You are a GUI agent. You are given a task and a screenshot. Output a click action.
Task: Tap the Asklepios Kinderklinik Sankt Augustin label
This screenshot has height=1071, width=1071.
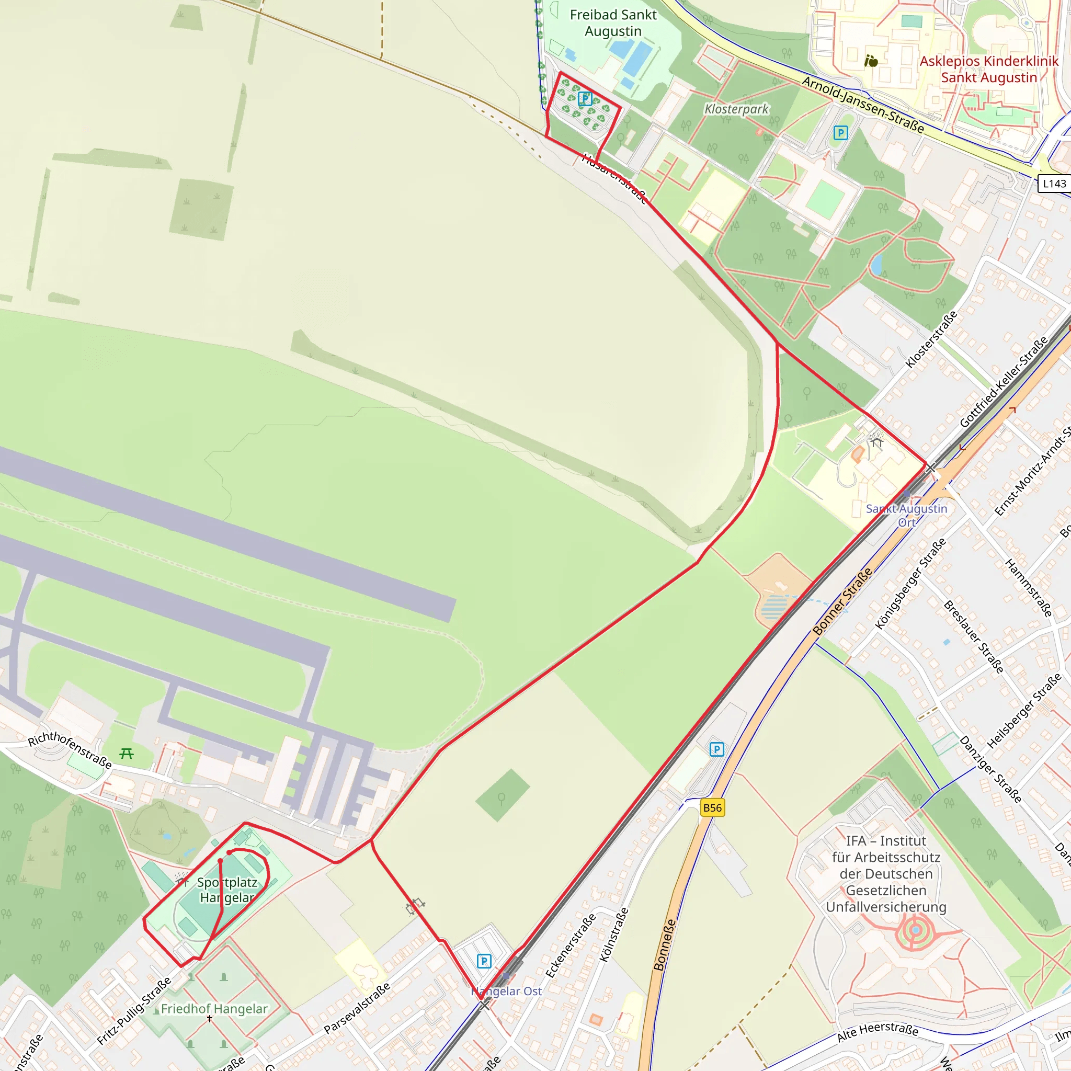[x=988, y=70]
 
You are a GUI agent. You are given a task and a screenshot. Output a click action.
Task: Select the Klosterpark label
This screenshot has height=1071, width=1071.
[x=736, y=109]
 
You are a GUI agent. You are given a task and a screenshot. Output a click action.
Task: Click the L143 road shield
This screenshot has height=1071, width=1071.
[x=1054, y=184]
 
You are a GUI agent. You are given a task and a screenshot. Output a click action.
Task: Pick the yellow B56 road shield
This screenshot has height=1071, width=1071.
[x=712, y=807]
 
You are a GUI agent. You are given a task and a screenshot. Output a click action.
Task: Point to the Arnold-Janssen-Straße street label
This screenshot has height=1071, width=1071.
[x=863, y=105]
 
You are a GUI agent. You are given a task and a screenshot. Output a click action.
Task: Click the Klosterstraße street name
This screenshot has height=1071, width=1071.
[x=931, y=339]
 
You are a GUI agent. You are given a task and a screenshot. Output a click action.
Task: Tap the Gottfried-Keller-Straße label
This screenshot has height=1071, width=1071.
[x=1004, y=381]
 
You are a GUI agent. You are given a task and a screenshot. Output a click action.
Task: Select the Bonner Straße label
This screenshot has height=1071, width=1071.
[x=842, y=601]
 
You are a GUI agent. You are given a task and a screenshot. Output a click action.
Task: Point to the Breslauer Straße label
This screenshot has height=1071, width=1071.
[x=973, y=637]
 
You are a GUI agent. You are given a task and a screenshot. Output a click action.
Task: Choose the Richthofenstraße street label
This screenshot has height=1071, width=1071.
[x=70, y=750]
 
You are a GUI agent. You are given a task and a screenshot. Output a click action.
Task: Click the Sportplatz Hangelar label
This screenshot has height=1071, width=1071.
[x=227, y=890]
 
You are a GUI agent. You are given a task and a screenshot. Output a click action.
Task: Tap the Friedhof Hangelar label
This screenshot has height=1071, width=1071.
[x=214, y=1009]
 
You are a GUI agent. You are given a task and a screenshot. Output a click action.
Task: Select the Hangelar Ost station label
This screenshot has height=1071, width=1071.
[x=506, y=991]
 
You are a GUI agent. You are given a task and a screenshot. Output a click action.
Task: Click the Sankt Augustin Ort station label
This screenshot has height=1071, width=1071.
[x=906, y=515]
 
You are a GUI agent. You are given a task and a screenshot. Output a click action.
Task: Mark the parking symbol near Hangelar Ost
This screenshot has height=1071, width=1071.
[x=484, y=961]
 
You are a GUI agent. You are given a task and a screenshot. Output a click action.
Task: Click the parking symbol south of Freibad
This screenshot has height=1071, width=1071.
[x=585, y=99]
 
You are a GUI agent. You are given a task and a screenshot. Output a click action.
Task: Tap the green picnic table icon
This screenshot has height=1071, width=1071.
[x=127, y=754]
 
